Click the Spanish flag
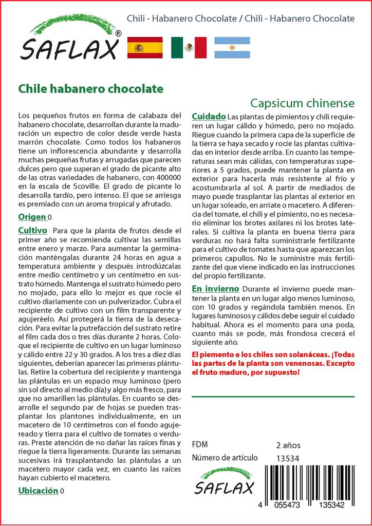pyautogui.click(x=145, y=48)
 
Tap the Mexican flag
pyautogui.click(x=189, y=48)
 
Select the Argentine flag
pyautogui.click(x=232, y=48)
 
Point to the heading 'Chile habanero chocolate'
pyautogui.click(x=90, y=89)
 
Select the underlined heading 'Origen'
pyautogui.click(x=32, y=217)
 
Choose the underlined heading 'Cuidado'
pyautogui.click(x=209, y=116)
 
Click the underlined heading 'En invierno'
pyautogui.click(x=215, y=289)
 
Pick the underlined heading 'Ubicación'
pyautogui.click(x=38, y=491)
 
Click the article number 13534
pyautogui.click(x=287, y=459)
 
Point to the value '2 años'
pyautogui.click(x=288, y=445)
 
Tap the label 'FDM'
pyautogui.click(x=199, y=445)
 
